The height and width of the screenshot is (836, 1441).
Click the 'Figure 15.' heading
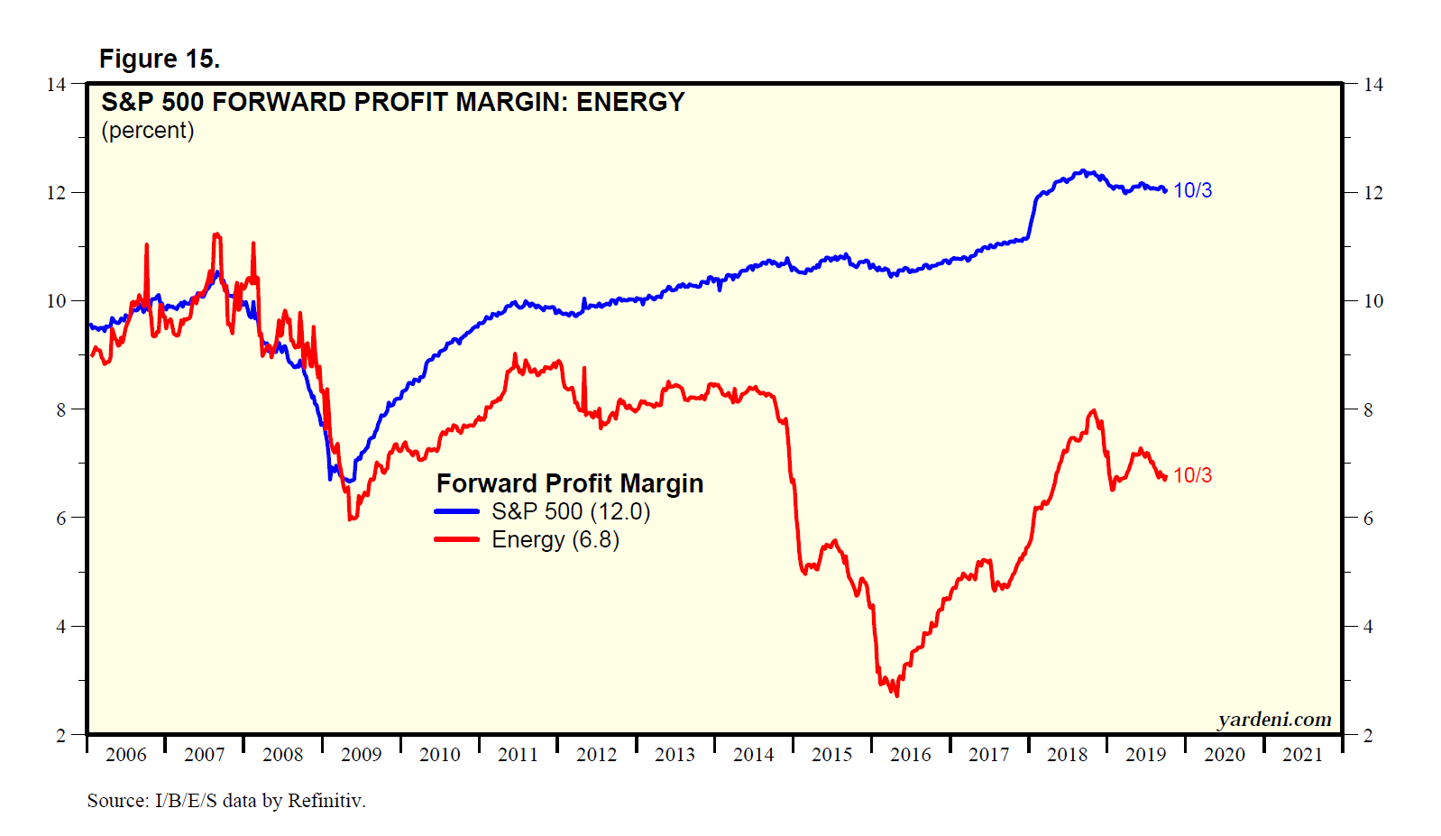[x=160, y=60]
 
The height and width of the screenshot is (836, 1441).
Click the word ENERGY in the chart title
[x=630, y=103]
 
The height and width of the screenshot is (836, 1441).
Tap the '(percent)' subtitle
[x=148, y=131]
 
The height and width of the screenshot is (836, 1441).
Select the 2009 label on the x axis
[x=361, y=755]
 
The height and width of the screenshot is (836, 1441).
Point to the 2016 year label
[x=910, y=755]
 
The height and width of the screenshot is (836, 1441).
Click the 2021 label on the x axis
[x=1302, y=755]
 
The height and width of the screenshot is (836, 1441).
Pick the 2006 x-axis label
[x=125, y=755]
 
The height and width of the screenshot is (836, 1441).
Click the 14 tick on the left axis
[x=56, y=85]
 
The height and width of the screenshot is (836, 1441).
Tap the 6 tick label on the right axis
[x=1368, y=519]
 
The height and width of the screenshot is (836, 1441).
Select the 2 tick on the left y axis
[x=60, y=735]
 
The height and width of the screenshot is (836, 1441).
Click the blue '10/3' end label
[x=1192, y=191]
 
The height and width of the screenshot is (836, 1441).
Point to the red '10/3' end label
[x=1192, y=476]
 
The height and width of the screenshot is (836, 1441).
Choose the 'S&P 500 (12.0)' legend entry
[x=571, y=512]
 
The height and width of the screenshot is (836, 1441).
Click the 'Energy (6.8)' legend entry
[x=555, y=540]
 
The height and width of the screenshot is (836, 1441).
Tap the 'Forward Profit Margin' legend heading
[x=570, y=484]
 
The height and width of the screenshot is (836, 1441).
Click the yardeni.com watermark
[x=1274, y=720]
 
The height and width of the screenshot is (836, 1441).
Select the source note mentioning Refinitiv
[x=226, y=801]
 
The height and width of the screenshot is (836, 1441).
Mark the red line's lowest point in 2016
[x=896, y=694]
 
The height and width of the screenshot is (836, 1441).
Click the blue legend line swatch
[x=457, y=512]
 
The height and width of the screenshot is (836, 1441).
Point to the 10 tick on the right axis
[x=1372, y=301]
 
